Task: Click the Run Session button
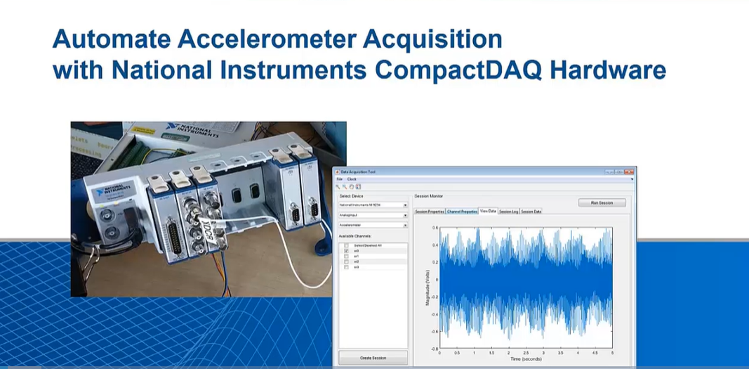(602, 202)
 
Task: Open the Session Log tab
(508, 211)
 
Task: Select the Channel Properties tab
(462, 211)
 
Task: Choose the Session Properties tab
(430, 211)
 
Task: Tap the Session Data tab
(531, 211)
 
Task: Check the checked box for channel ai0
(346, 250)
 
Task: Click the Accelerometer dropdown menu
(373, 225)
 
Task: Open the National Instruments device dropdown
(373, 205)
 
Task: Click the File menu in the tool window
(340, 179)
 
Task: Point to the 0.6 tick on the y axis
(435, 228)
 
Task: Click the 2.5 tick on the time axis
(526, 353)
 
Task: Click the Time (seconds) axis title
(526, 358)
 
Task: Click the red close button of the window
(630, 171)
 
